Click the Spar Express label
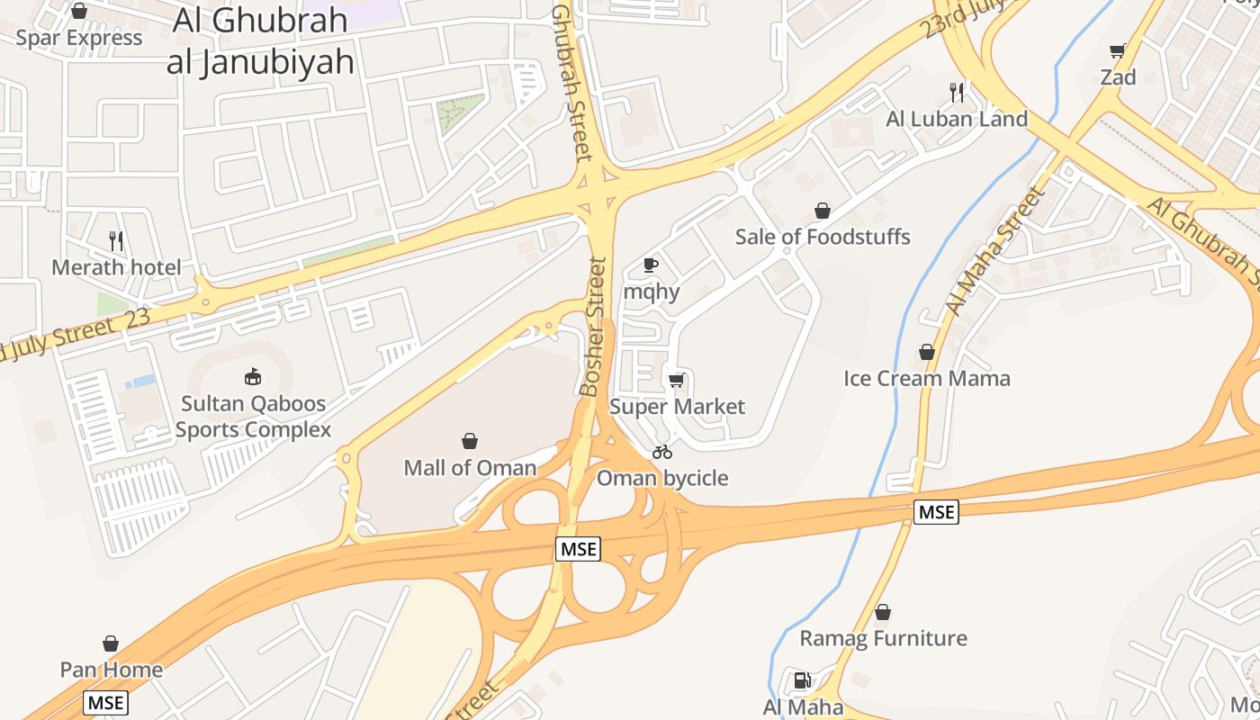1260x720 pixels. pyautogui.click(x=79, y=38)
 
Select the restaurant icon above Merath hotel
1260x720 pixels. pyautogui.click(x=116, y=240)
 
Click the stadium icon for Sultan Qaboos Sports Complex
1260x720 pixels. pyautogui.click(x=253, y=377)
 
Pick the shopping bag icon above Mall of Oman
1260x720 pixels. pyautogui.click(x=470, y=441)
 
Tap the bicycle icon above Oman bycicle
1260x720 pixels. pyautogui.click(x=662, y=452)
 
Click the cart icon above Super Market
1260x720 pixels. pyautogui.click(x=677, y=380)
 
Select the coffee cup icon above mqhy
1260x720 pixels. pyautogui.click(x=651, y=265)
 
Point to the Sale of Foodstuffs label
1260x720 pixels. pyautogui.click(x=823, y=237)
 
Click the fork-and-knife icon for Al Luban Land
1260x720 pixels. pyautogui.click(x=957, y=92)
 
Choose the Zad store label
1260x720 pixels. pyautogui.click(x=1118, y=77)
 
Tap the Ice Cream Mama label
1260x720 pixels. pyautogui.click(x=927, y=378)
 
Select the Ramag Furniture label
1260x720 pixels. pyautogui.click(x=883, y=638)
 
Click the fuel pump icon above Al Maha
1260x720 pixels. pyautogui.click(x=802, y=680)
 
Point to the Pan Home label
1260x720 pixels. pyautogui.click(x=111, y=670)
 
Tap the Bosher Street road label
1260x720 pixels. pyautogui.click(x=595, y=327)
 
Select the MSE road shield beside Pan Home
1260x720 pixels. pyautogui.click(x=105, y=702)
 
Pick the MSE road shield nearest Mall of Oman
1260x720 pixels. pyautogui.click(x=577, y=549)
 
